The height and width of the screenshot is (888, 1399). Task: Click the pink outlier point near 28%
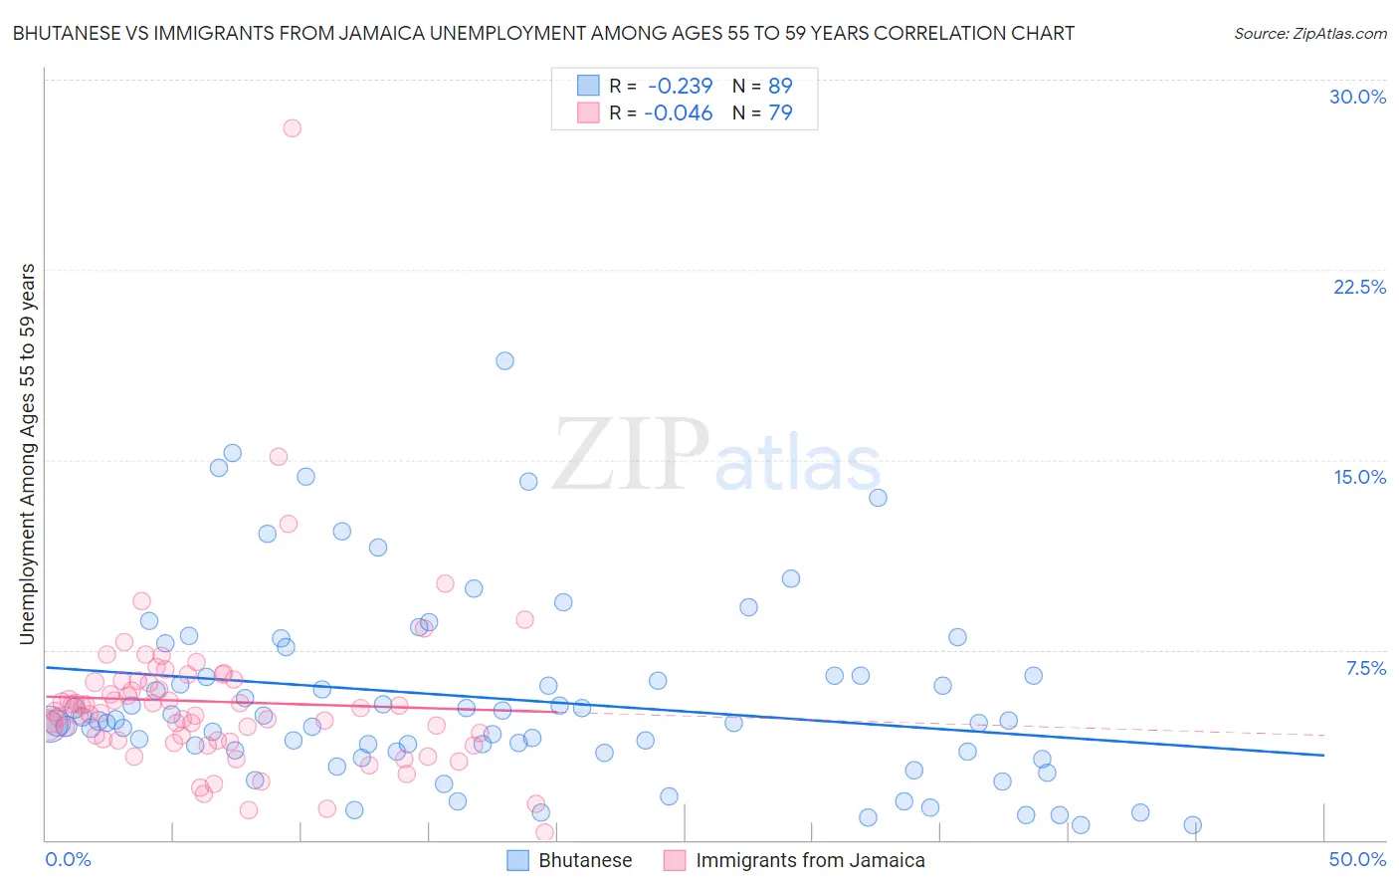(292, 127)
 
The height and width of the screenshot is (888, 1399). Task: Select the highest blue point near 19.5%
(504, 360)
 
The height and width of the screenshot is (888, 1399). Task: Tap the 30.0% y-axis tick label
(1357, 97)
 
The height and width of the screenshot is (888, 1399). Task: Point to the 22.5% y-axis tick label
(1359, 287)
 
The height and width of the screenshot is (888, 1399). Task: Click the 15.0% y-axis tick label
(1359, 477)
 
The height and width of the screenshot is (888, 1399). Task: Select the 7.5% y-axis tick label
(1365, 668)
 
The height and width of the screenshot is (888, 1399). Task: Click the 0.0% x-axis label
(68, 859)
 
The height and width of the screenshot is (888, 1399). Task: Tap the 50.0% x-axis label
(1357, 859)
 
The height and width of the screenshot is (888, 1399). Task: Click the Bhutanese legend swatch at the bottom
(517, 860)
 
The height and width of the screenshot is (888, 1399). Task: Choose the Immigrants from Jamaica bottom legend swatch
(675, 860)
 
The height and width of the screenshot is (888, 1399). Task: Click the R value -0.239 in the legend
(680, 86)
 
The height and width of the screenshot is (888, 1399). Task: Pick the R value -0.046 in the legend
(680, 112)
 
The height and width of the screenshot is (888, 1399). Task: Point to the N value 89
(780, 86)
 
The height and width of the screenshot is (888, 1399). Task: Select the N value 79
(780, 112)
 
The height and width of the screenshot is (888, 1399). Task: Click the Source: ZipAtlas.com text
(1309, 33)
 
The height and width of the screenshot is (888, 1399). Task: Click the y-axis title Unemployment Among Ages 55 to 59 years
(27, 454)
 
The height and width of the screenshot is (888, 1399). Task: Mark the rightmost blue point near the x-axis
(1192, 824)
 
